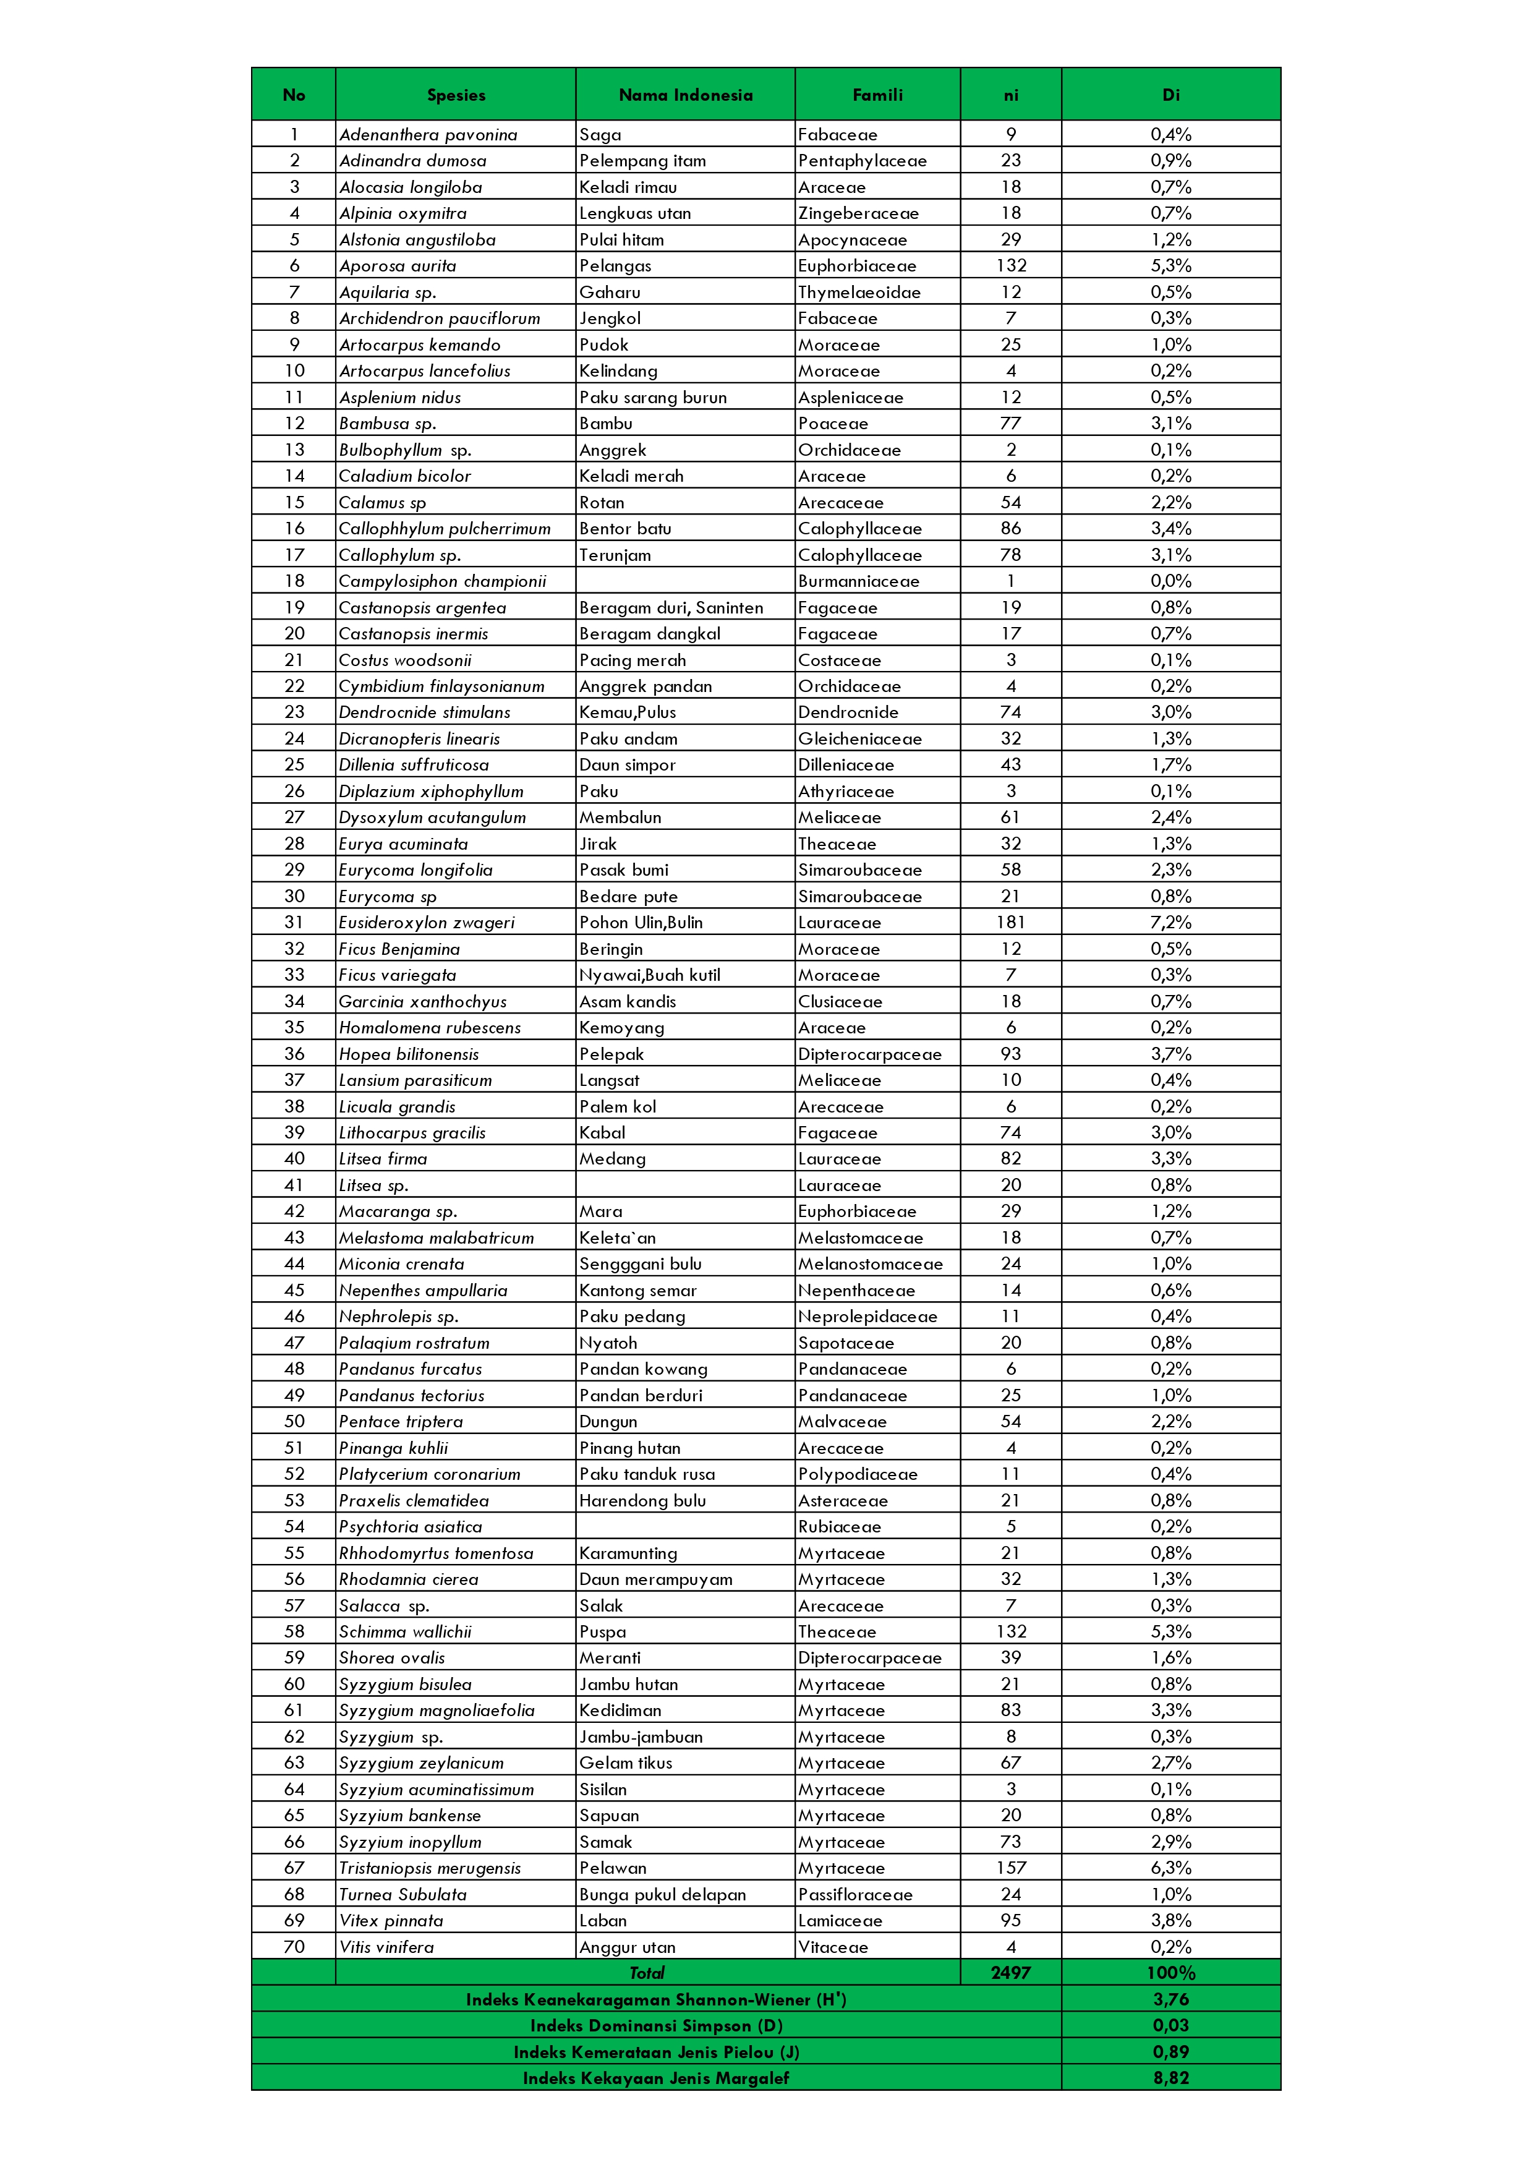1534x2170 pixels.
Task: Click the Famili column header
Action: point(877,95)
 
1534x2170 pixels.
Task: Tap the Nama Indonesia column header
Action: point(685,95)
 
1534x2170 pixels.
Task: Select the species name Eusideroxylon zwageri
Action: point(427,923)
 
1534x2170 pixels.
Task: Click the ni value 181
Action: point(1010,923)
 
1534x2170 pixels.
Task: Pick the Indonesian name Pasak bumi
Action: point(624,869)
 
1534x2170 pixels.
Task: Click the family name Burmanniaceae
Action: point(858,581)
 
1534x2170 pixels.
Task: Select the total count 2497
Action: point(1010,1973)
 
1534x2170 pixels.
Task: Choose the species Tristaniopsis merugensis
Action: point(430,1868)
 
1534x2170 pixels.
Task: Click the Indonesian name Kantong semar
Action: point(638,1290)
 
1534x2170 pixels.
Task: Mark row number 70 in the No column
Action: point(294,1946)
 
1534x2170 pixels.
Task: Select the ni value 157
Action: point(1010,1868)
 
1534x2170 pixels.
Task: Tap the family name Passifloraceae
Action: point(855,1894)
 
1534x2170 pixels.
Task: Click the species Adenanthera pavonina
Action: point(428,134)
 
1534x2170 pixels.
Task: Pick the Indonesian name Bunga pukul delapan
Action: point(663,1894)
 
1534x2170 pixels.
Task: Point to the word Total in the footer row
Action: point(647,1973)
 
